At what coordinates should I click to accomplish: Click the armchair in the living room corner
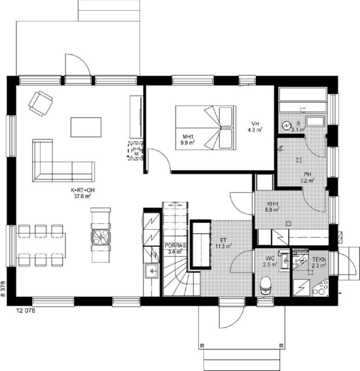(x=40, y=103)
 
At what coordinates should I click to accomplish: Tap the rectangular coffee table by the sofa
(x=86, y=127)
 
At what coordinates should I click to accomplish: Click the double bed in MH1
(x=206, y=128)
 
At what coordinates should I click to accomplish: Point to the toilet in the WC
(x=266, y=286)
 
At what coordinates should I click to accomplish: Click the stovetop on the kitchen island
(x=101, y=237)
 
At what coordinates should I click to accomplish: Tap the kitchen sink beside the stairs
(x=152, y=271)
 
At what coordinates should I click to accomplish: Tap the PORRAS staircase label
(x=175, y=246)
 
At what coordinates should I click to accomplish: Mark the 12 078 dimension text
(x=26, y=311)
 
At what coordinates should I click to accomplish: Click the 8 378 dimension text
(x=3, y=288)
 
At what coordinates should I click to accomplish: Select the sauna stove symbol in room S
(x=286, y=126)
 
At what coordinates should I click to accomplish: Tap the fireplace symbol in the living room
(x=136, y=151)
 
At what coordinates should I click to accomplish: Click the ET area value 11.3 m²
(x=224, y=246)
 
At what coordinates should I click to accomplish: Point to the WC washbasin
(x=284, y=261)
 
